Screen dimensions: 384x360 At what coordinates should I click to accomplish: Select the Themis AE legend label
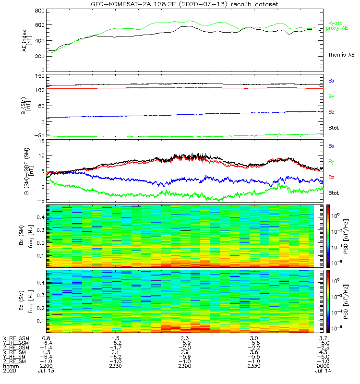pos(341,55)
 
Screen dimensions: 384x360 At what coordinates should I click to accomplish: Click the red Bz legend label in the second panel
pos(331,112)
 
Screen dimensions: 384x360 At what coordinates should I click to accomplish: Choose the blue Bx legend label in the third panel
pos(331,146)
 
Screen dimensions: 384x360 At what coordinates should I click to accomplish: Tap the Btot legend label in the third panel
pos(334,193)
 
